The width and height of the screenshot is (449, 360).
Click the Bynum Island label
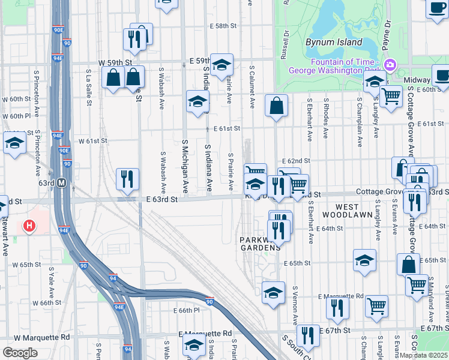(334, 43)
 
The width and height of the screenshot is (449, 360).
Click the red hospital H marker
(28, 226)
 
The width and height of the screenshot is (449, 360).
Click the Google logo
(20, 353)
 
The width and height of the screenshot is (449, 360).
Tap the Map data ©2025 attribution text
(423, 355)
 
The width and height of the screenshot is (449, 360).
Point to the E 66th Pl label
(186, 310)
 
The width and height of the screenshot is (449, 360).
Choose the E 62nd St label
(298, 161)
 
